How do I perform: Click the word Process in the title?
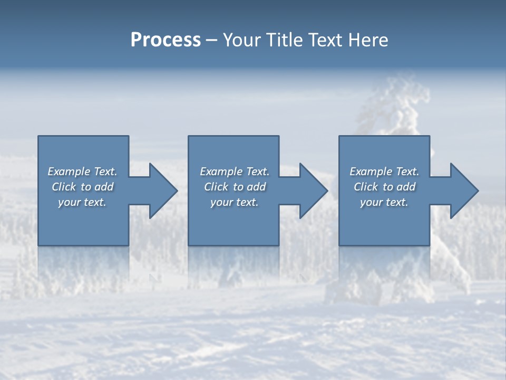click(166, 40)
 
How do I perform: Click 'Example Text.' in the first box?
click(82, 172)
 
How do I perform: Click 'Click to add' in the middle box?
click(235, 187)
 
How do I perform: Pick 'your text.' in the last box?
click(384, 202)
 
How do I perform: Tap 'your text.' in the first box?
click(82, 202)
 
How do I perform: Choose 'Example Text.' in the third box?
click(384, 172)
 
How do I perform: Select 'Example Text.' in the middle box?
click(235, 172)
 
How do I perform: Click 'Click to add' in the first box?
click(82, 187)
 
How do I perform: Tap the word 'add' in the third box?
click(406, 187)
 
